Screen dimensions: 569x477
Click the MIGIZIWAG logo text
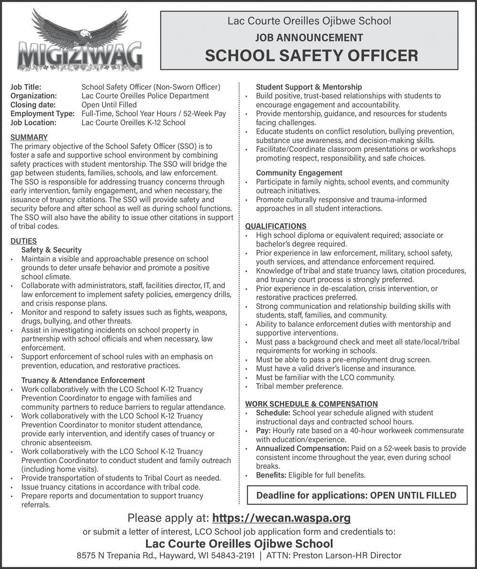80,56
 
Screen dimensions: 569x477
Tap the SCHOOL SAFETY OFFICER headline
311,55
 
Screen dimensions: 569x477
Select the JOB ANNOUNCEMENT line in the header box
309,37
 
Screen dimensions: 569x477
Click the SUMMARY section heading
29,137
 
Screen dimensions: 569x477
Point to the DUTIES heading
23,241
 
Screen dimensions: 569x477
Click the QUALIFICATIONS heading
276,226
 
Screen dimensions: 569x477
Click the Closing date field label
33,104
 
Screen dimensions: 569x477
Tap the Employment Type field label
42,114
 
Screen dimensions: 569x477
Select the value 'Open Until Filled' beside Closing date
109,104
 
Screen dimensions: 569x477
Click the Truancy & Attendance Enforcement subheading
83,380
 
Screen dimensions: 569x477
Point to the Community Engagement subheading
299,173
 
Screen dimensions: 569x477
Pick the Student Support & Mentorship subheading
309,87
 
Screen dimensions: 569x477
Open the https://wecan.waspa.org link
281,518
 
